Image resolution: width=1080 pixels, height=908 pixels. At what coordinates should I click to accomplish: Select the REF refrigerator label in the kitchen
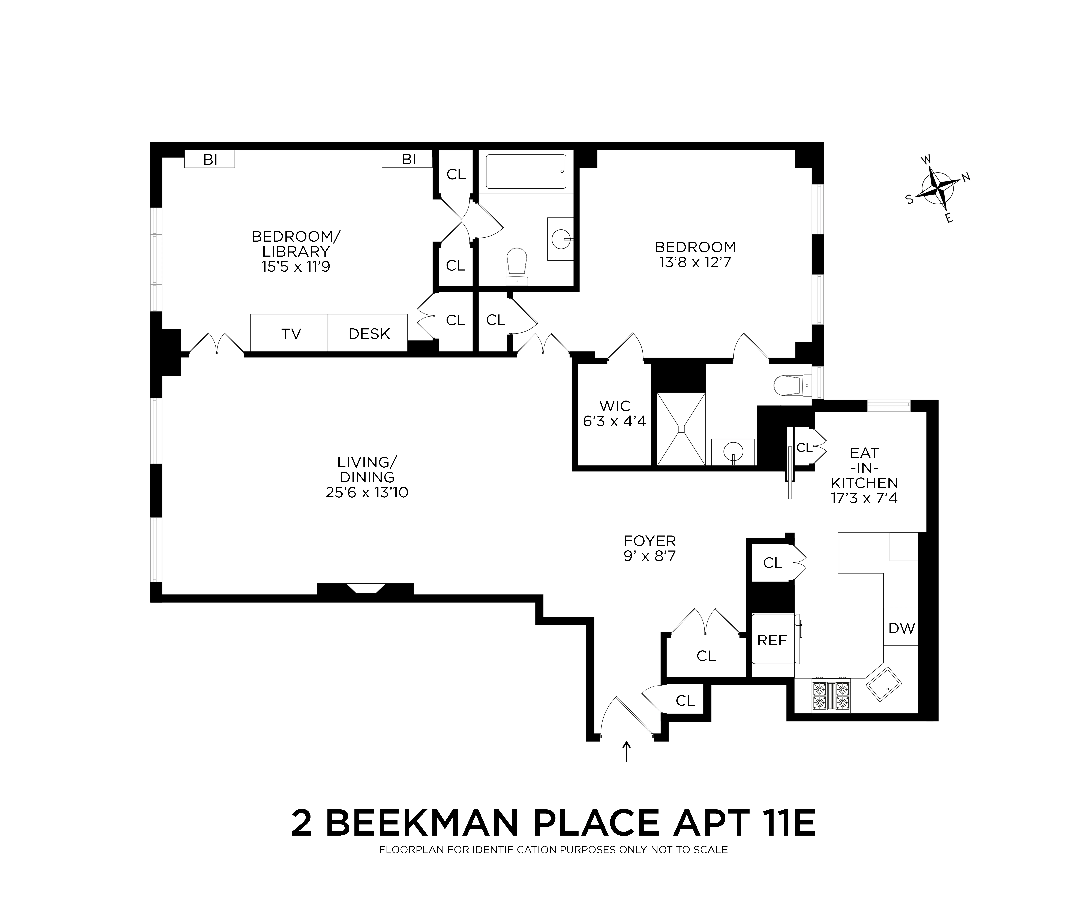(772, 640)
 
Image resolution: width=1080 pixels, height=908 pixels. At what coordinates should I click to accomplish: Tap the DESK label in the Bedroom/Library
(369, 334)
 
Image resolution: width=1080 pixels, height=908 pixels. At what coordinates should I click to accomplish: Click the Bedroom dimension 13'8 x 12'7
(695, 263)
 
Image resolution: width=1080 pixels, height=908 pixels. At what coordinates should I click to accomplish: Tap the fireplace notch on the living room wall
(366, 588)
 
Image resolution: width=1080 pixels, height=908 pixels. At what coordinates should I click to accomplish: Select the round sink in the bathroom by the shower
(733, 452)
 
